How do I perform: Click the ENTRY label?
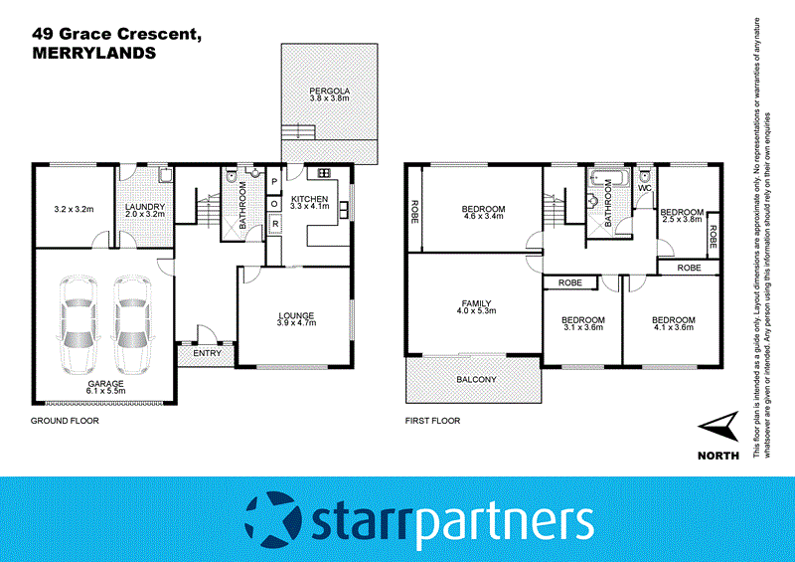coord(206,353)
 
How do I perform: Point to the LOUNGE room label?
coord(294,315)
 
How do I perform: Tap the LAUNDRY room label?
coord(144,208)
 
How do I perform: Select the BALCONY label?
coord(476,380)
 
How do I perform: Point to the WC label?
coord(644,188)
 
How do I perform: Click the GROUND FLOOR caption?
coord(65,421)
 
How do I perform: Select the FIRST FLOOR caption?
coord(432,421)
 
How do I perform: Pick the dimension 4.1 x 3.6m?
coord(673,327)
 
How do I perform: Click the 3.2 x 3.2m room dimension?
coord(73,210)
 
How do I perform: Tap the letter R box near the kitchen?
coord(274,225)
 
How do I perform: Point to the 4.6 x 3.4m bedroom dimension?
coord(484,216)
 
